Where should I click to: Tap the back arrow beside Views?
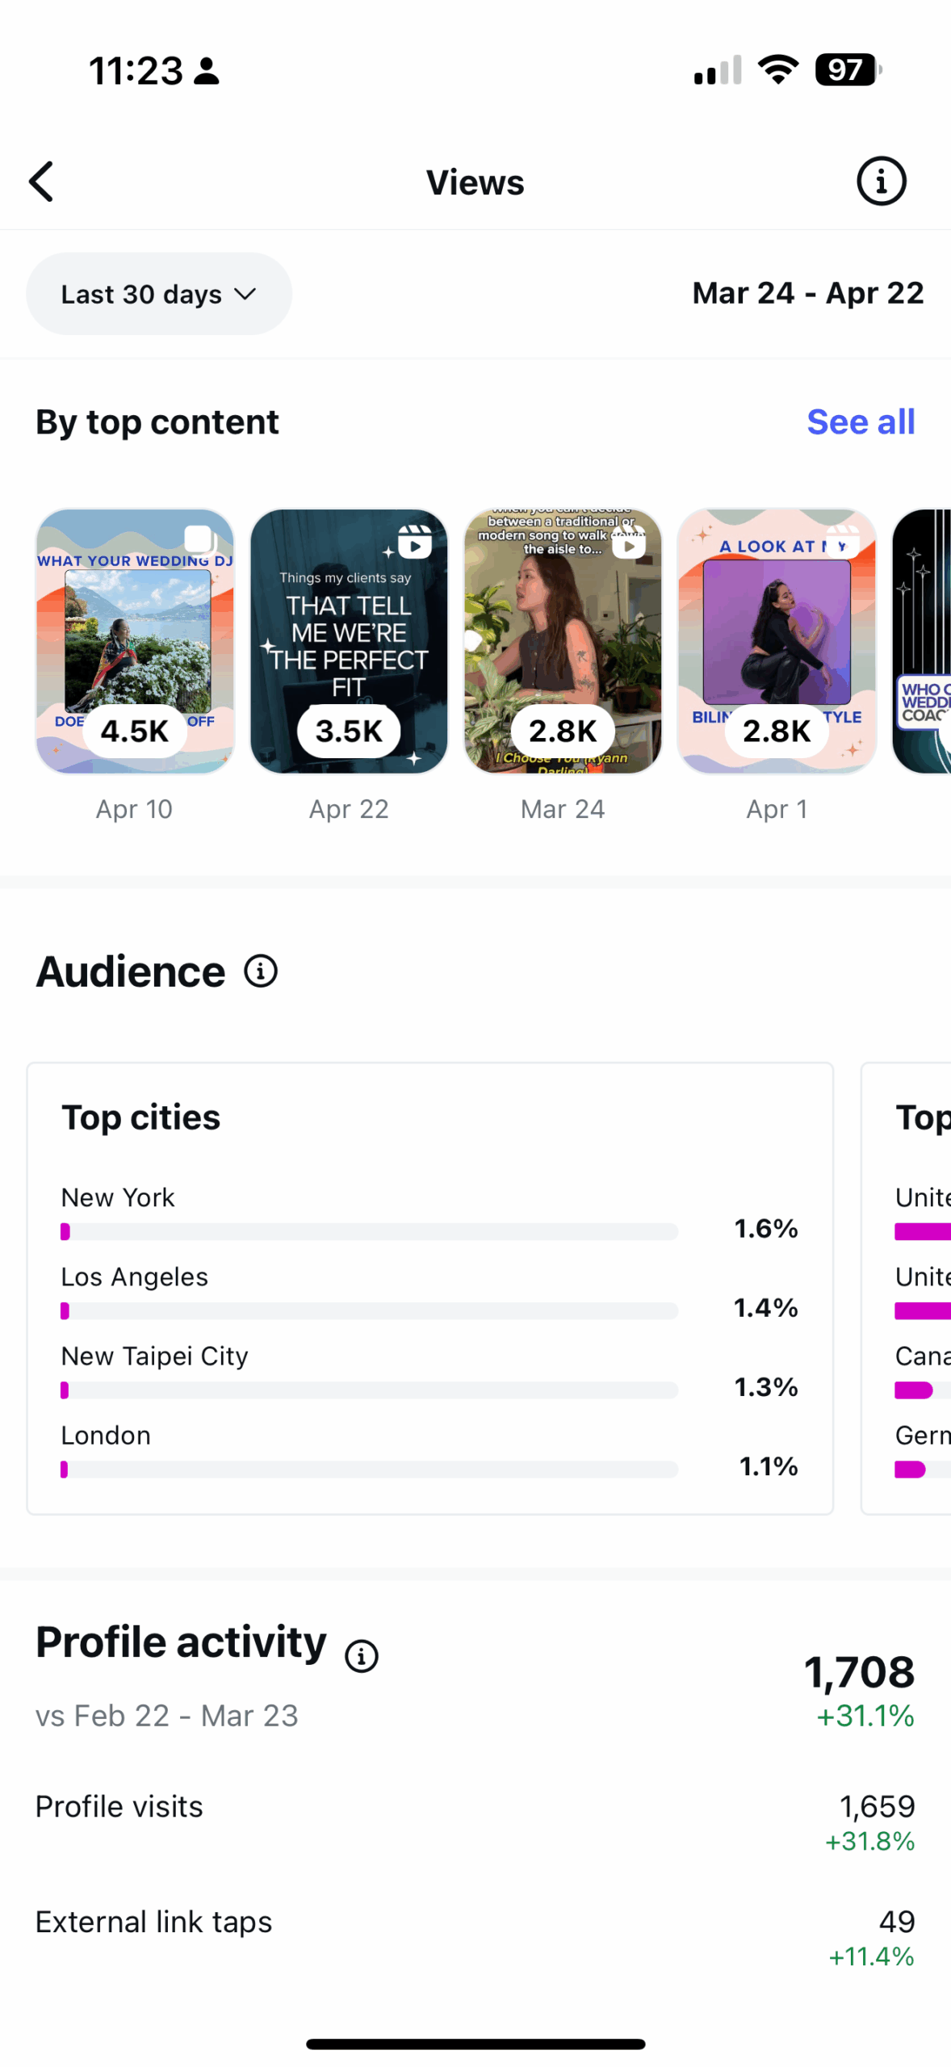pos(42,182)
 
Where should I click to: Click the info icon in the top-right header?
pos(881,182)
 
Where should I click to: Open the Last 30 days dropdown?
pos(158,294)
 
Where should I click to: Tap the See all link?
pos(861,422)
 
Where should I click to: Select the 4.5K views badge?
pos(135,731)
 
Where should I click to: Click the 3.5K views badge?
pos(349,731)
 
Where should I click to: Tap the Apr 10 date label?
pos(134,809)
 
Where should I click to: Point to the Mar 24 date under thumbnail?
pos(563,809)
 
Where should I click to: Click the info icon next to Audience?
pos(261,971)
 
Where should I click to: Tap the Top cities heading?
pos(141,1117)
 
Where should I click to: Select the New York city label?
pos(118,1197)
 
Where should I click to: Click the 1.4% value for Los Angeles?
pos(765,1307)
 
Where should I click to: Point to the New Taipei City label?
pos(155,1356)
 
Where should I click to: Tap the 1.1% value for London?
pos(769,1465)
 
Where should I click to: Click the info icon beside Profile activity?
pos(362,1656)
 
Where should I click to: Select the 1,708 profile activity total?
pos(859,1671)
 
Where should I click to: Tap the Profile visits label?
pos(119,1806)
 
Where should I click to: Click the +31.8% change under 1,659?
pos(869,1842)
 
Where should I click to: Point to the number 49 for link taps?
pos(896,1921)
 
